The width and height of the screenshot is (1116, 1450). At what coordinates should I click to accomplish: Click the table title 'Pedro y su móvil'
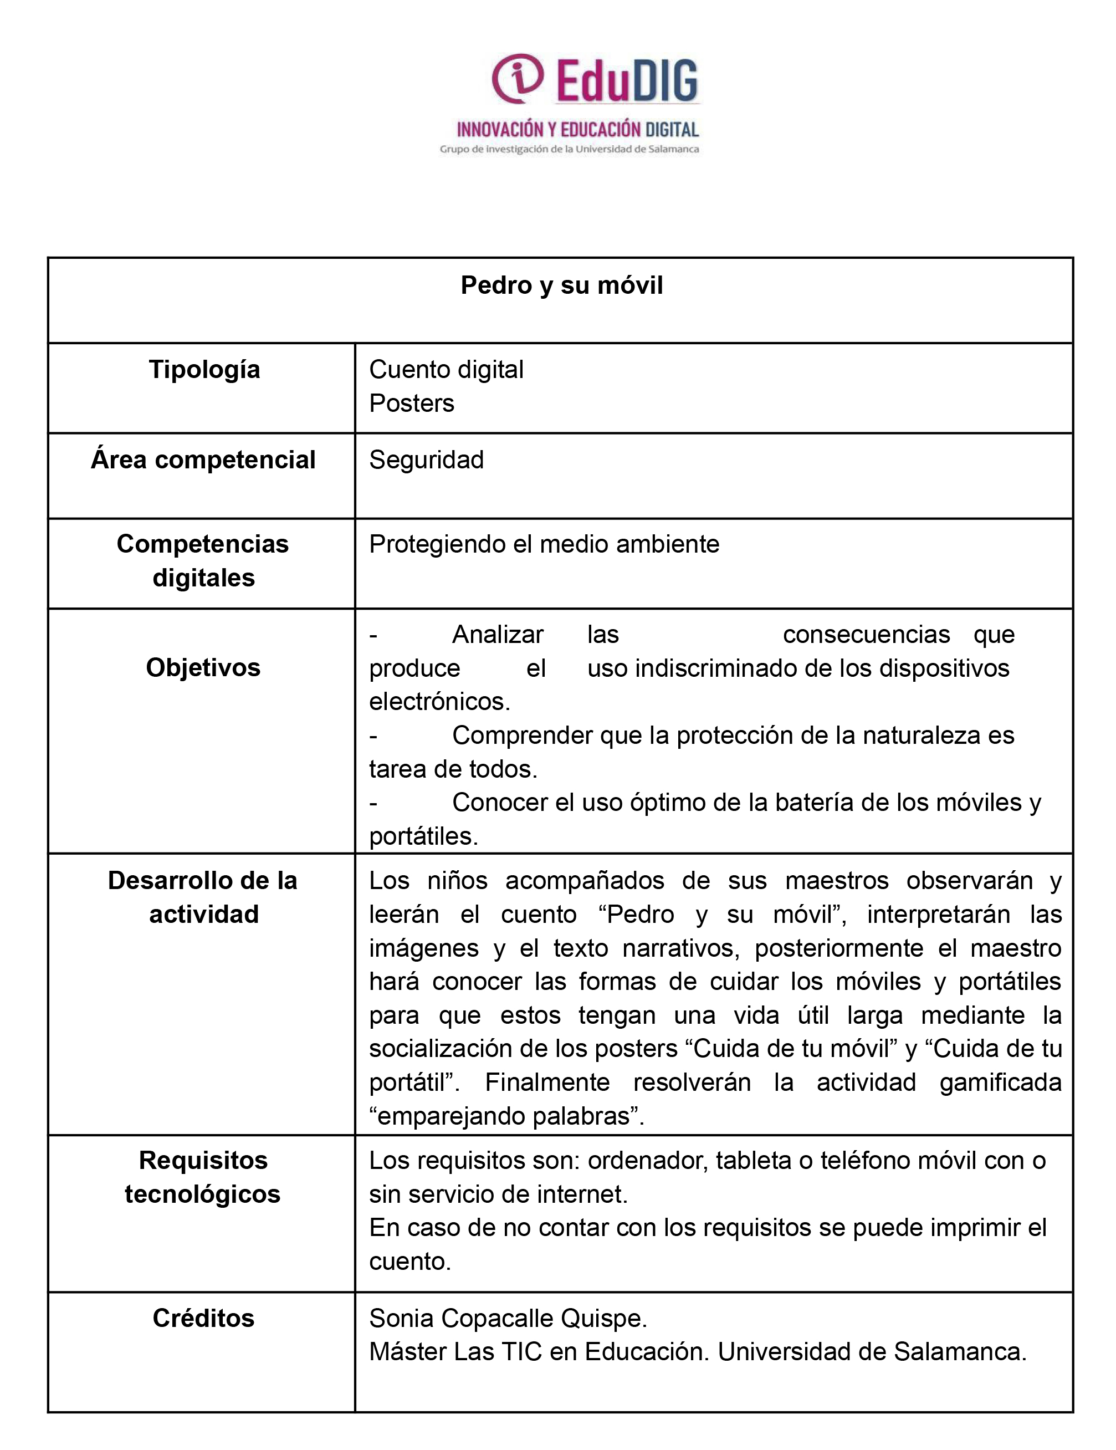(x=562, y=285)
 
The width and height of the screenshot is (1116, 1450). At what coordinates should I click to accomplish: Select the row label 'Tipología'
(x=204, y=369)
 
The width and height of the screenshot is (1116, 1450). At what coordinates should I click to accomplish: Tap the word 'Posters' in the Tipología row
(x=412, y=403)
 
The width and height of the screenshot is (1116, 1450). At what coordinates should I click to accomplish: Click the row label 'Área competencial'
(x=203, y=459)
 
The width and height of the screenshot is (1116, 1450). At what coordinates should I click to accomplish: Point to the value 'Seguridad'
(x=426, y=459)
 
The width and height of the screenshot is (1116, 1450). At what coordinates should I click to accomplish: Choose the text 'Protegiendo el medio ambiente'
(x=544, y=544)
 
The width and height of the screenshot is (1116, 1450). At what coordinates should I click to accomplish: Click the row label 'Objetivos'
(x=203, y=667)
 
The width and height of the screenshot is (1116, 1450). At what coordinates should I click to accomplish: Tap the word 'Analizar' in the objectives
(x=498, y=635)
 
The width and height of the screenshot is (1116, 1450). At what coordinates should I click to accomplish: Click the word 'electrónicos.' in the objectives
(x=439, y=701)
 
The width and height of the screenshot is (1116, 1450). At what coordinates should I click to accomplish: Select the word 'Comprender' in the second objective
(x=523, y=735)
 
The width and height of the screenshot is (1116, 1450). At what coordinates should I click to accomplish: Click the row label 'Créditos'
(x=203, y=1318)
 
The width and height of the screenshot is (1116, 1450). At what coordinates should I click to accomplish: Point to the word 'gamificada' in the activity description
(x=1000, y=1082)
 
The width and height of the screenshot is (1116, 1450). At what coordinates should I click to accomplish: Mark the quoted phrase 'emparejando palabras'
(x=506, y=1116)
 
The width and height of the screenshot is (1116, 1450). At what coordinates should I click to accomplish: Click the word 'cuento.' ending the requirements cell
(x=409, y=1261)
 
